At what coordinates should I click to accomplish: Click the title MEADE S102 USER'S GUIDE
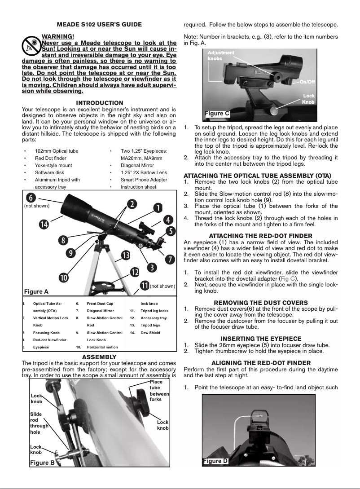(x=99, y=24)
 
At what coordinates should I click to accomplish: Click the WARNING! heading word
(x=57, y=36)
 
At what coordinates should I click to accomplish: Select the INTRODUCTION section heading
(x=99, y=103)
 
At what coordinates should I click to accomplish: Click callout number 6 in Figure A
(x=31, y=197)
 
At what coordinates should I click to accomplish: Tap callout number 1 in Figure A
(x=158, y=207)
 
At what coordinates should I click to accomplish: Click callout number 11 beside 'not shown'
(x=145, y=286)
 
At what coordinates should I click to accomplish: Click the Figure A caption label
(x=36, y=291)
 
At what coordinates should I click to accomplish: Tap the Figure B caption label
(x=42, y=463)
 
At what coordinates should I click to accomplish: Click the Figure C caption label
(x=217, y=114)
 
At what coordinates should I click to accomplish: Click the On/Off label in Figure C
(x=307, y=82)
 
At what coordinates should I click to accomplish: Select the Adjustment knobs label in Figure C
(x=221, y=56)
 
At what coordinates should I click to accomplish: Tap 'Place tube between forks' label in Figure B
(x=159, y=390)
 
